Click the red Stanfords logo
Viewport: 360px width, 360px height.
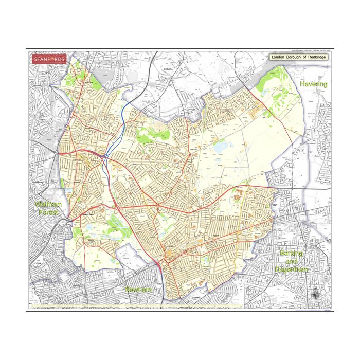pyautogui.click(x=49, y=59)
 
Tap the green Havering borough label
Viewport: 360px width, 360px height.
pyautogui.click(x=313, y=84)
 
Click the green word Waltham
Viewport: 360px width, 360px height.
pyautogui.click(x=48, y=204)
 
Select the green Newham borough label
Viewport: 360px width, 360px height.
pyautogui.click(x=138, y=290)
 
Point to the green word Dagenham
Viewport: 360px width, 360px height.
pyautogui.click(x=291, y=269)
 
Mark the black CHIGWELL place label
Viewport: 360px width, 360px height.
pyautogui.click(x=168, y=68)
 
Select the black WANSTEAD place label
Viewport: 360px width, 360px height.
pyautogui.click(x=89, y=214)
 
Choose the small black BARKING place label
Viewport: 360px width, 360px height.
pyautogui.click(x=195, y=298)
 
